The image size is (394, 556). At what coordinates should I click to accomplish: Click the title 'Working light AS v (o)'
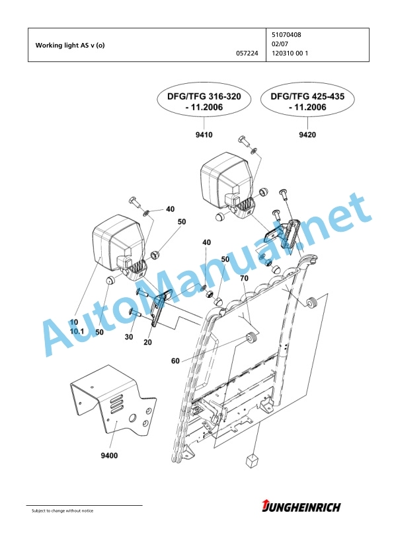(70, 46)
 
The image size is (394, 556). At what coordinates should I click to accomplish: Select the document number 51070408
(286, 35)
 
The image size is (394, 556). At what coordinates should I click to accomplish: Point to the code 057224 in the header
(247, 53)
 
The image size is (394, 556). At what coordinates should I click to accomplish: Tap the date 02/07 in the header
(280, 44)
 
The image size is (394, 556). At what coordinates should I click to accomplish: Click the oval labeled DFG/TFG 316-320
(204, 102)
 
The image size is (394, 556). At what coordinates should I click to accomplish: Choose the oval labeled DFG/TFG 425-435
(307, 102)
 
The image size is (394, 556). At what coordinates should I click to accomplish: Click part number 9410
(204, 135)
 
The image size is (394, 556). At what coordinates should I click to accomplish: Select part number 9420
(307, 135)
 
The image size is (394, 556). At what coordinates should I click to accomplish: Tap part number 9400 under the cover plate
(109, 456)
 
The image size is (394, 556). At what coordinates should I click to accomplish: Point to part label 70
(244, 279)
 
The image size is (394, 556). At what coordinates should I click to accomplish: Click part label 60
(175, 361)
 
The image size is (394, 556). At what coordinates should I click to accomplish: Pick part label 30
(129, 337)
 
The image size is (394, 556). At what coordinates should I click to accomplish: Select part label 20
(147, 342)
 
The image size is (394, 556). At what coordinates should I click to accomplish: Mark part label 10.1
(77, 331)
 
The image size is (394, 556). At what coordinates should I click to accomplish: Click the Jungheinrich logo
(301, 506)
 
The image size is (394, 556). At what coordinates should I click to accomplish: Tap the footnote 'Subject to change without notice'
(63, 511)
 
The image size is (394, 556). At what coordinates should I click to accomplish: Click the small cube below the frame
(252, 461)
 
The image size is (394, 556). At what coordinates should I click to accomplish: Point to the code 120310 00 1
(290, 53)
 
